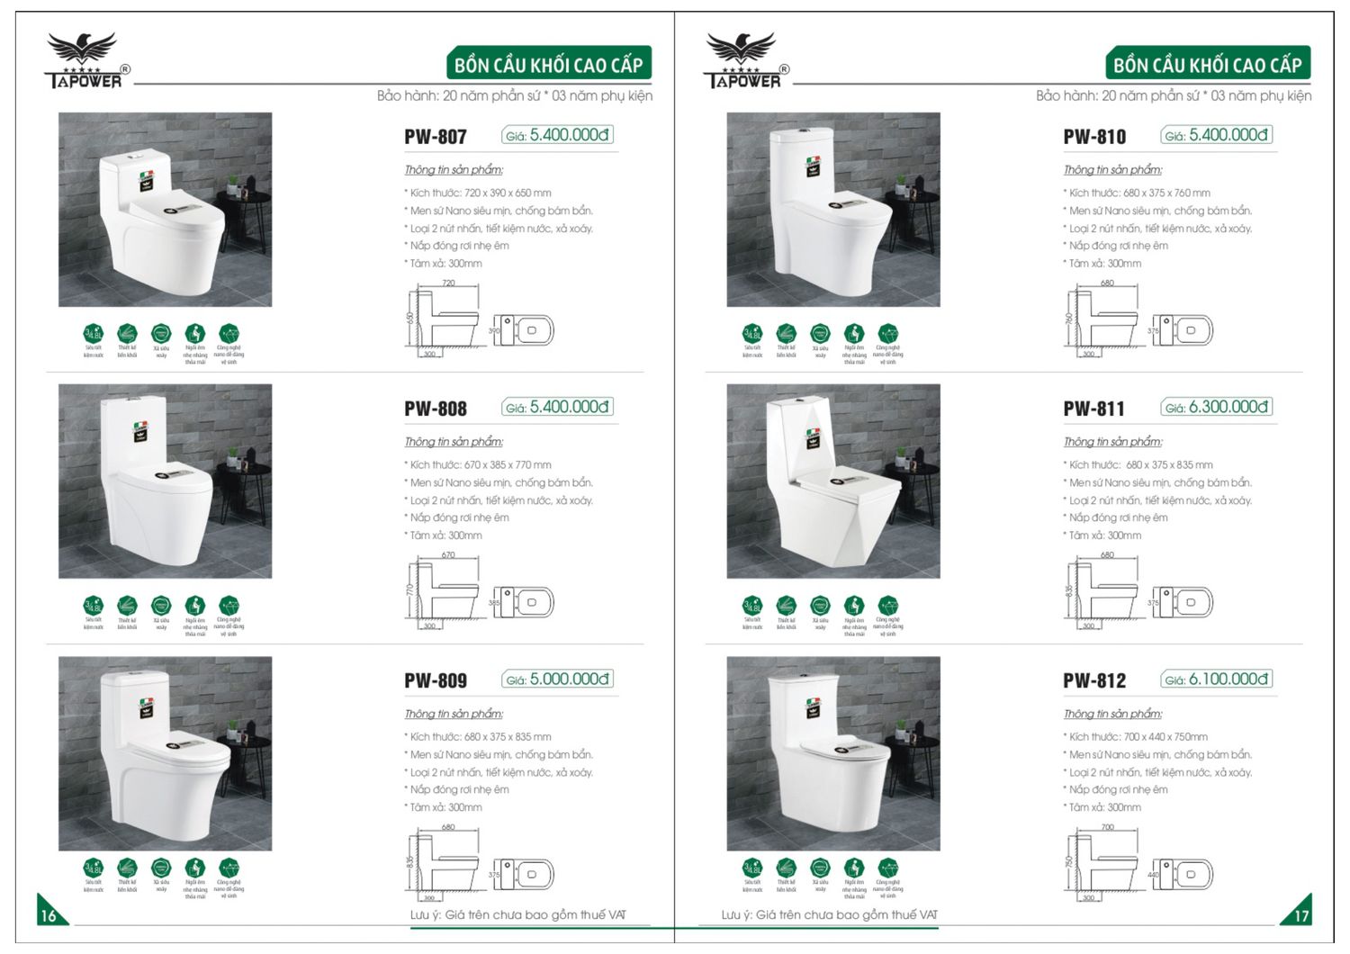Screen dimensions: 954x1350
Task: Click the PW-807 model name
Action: [436, 137]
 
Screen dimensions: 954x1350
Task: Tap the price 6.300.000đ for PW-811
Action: [1228, 407]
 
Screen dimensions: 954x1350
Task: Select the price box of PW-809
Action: [557, 679]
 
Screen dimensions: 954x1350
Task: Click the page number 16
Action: [49, 914]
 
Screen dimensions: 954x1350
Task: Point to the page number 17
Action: [1300, 914]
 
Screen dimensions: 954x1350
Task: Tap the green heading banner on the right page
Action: [1207, 65]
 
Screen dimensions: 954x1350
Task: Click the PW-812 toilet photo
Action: [832, 753]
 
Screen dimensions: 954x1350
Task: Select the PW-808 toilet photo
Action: [165, 481]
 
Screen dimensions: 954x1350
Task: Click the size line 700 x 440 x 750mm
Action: [1138, 736]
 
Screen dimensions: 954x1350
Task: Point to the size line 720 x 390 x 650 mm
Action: [480, 193]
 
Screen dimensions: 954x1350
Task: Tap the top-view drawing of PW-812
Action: [1183, 874]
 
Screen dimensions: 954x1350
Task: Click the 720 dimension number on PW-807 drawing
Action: [448, 283]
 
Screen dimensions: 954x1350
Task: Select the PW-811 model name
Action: [1093, 409]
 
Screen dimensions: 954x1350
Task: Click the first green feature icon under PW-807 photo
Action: [94, 334]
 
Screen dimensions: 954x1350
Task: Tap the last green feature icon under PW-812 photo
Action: [887, 868]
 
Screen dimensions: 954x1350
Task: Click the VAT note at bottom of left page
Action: [517, 914]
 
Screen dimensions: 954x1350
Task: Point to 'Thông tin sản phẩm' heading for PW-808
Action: [454, 442]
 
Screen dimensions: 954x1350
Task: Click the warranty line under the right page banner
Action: [1173, 95]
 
